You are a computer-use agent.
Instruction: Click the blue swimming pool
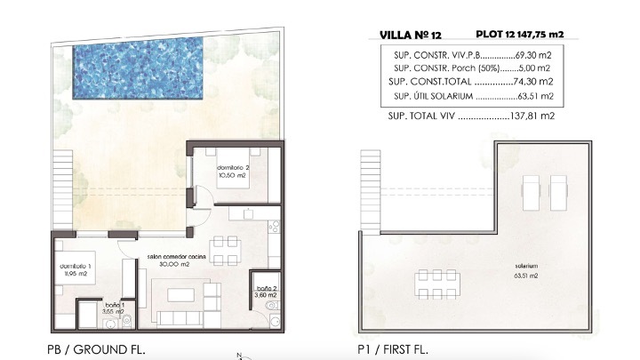tap(138, 68)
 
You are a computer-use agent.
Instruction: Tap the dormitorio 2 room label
tap(233, 172)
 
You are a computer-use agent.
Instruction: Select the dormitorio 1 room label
tap(76, 270)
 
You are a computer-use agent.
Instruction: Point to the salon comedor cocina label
tap(176, 260)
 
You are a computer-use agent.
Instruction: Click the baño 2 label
tap(266, 292)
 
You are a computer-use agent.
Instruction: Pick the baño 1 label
tap(115, 308)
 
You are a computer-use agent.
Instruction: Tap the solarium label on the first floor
tap(526, 270)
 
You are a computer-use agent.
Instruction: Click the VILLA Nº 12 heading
tap(410, 35)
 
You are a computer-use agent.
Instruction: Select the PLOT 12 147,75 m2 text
tap(520, 35)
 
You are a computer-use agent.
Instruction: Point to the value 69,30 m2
tap(533, 55)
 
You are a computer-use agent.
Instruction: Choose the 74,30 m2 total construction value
tap(533, 82)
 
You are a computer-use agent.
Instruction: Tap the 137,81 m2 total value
tap(532, 116)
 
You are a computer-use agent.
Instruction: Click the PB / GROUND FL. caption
tap(96, 350)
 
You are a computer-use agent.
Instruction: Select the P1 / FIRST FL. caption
tap(393, 350)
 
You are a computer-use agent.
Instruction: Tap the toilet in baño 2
tap(272, 305)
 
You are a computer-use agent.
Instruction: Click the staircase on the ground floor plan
tap(62, 190)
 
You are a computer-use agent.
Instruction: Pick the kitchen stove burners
tap(274, 226)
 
